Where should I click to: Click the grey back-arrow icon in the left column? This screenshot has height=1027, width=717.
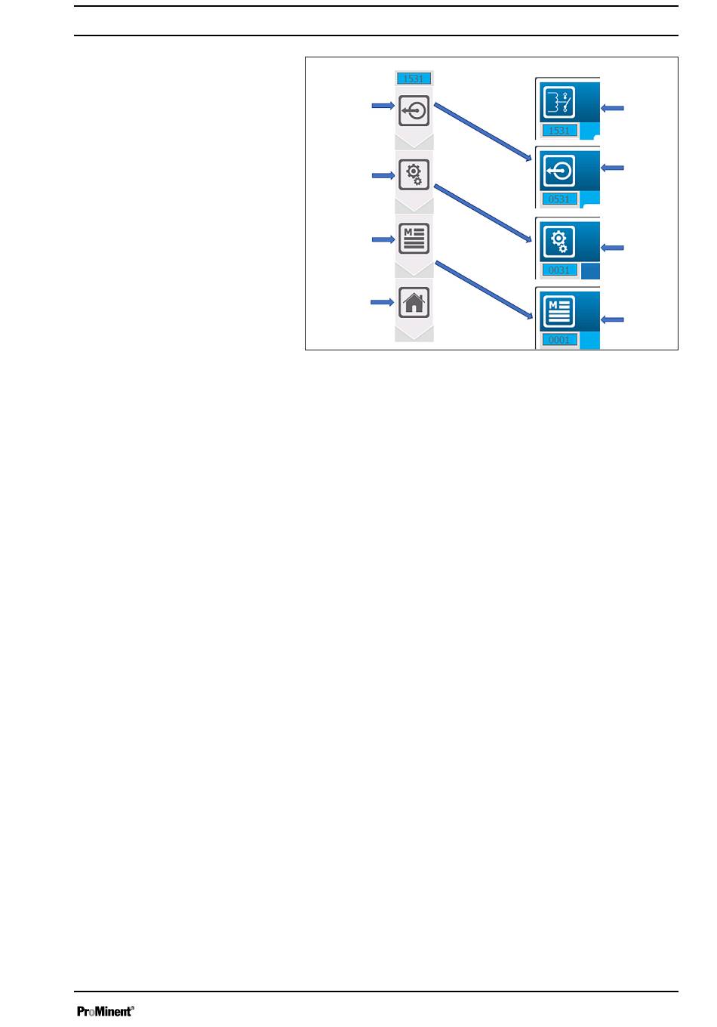click(x=414, y=112)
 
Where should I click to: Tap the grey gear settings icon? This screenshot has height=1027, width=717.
click(x=414, y=174)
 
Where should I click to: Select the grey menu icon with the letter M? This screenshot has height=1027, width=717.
click(x=414, y=239)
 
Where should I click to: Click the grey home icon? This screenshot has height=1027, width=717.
click(x=414, y=302)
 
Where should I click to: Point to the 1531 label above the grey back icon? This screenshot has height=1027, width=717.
click(x=414, y=79)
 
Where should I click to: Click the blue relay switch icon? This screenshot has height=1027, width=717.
click(x=559, y=102)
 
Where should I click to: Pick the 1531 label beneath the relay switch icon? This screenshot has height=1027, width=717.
click(x=559, y=131)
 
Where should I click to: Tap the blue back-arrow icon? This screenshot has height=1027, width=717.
click(x=559, y=171)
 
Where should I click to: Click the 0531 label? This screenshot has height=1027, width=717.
click(x=559, y=199)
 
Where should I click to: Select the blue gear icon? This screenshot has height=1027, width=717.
click(x=559, y=242)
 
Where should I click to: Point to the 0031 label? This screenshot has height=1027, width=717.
click(x=559, y=270)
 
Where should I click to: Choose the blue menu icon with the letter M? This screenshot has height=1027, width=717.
click(x=559, y=311)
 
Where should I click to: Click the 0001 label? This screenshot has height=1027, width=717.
click(x=559, y=340)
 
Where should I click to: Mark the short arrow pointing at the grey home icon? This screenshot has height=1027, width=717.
click(x=382, y=302)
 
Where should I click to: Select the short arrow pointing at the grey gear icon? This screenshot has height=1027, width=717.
click(x=383, y=175)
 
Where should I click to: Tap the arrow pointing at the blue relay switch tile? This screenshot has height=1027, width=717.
click(x=613, y=109)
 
